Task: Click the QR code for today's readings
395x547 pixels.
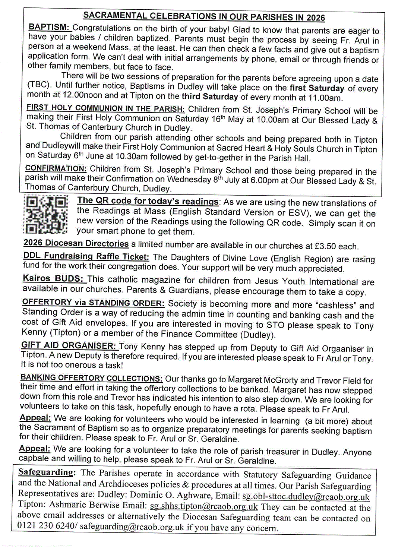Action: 45,215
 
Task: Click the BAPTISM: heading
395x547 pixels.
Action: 49,27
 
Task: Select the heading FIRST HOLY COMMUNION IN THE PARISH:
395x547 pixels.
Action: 105,108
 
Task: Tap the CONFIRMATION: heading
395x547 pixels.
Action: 56,168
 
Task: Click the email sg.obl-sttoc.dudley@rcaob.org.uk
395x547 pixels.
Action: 306,497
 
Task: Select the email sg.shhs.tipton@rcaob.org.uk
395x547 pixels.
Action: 204,506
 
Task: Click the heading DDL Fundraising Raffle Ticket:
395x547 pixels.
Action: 86,256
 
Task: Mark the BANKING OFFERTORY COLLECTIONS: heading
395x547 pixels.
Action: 91,378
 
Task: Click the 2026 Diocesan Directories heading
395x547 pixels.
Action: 76,243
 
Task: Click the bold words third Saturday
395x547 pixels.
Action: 210,97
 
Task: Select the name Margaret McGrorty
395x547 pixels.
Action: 263,380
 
